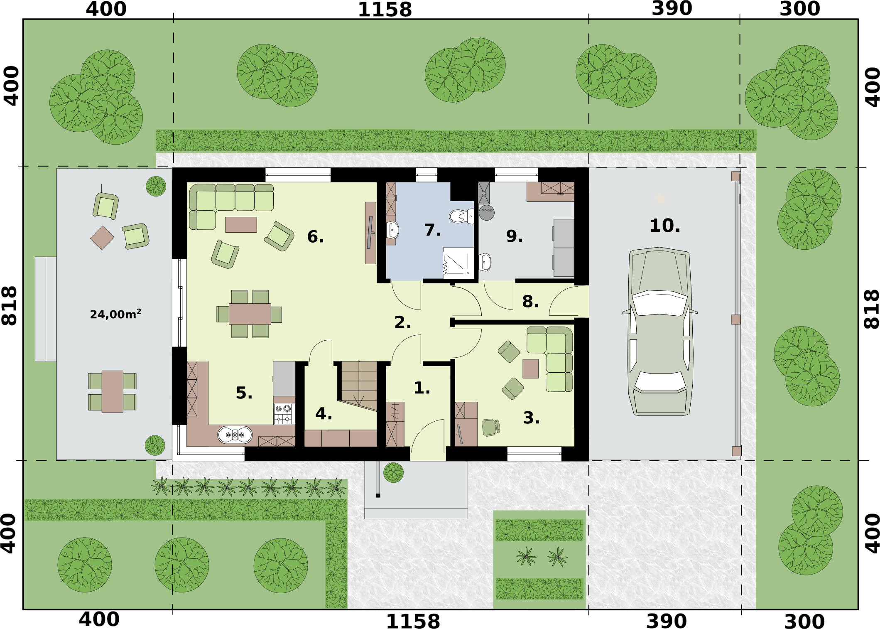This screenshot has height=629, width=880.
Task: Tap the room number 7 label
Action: tap(433, 230)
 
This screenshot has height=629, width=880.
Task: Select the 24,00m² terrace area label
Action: tap(115, 314)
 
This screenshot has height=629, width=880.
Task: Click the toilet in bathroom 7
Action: tap(461, 216)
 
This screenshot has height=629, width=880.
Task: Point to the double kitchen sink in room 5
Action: tap(235, 435)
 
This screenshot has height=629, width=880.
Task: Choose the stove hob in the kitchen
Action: tap(284, 413)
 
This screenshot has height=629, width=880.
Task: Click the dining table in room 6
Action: tap(250, 314)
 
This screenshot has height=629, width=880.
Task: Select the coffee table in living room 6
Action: tap(241, 224)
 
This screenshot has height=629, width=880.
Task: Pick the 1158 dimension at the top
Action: tap(385, 10)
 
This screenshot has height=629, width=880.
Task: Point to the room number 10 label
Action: tap(665, 226)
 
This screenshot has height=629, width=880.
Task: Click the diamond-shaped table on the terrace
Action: tap(102, 238)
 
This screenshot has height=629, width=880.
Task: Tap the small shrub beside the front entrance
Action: tap(393, 472)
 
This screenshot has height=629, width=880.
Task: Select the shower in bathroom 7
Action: tap(458, 263)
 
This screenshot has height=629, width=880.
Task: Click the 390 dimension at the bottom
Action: tap(667, 622)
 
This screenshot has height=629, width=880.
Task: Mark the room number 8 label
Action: tap(530, 302)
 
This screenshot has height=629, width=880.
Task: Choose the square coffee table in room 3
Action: tap(530, 369)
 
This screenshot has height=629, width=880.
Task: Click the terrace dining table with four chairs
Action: tap(112, 392)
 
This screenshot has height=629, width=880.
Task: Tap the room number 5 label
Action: tap(244, 393)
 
